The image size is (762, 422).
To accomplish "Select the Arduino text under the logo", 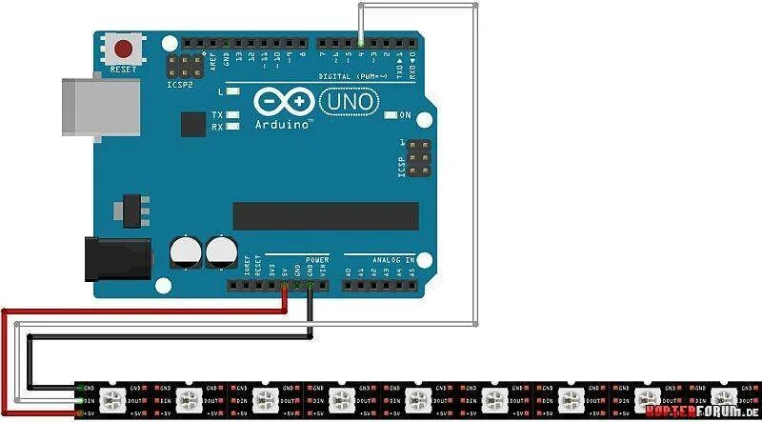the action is (283, 125).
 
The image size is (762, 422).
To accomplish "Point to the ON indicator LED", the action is (391, 115).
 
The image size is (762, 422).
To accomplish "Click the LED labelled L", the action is (231, 92).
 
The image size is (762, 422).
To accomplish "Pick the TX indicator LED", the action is (231, 114).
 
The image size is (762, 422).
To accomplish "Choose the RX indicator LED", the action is (231, 126).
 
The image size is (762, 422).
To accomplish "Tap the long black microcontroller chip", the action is (325, 216).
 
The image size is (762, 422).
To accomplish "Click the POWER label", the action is (316, 259).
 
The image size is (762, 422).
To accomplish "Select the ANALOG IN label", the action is (391, 259).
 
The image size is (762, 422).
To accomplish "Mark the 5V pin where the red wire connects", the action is (285, 285).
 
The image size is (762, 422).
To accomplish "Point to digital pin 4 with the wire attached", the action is (361, 42).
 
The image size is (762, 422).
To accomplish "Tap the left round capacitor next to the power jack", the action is (187, 252).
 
